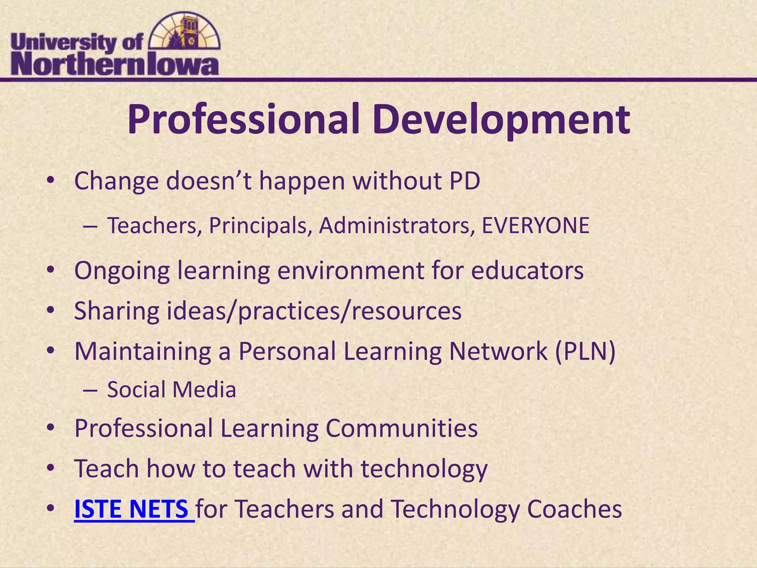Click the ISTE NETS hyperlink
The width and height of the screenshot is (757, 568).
click(134, 509)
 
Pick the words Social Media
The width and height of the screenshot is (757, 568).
click(172, 390)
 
